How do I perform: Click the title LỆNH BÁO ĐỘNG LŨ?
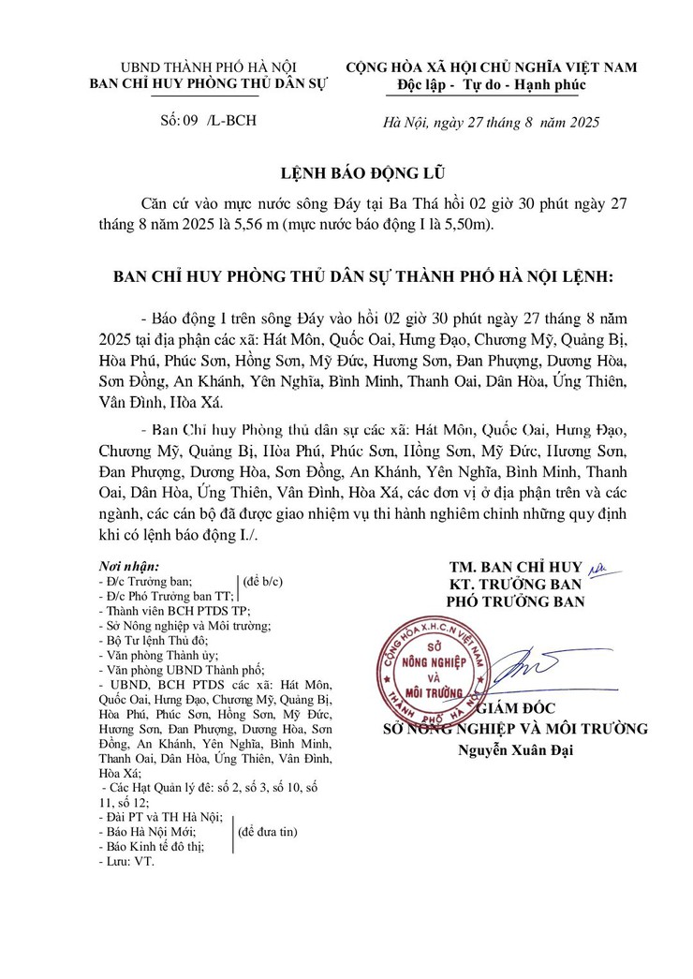(x=346, y=174)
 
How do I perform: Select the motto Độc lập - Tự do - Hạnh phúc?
(x=492, y=85)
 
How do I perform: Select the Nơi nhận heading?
(x=128, y=567)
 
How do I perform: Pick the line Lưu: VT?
(x=126, y=859)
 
